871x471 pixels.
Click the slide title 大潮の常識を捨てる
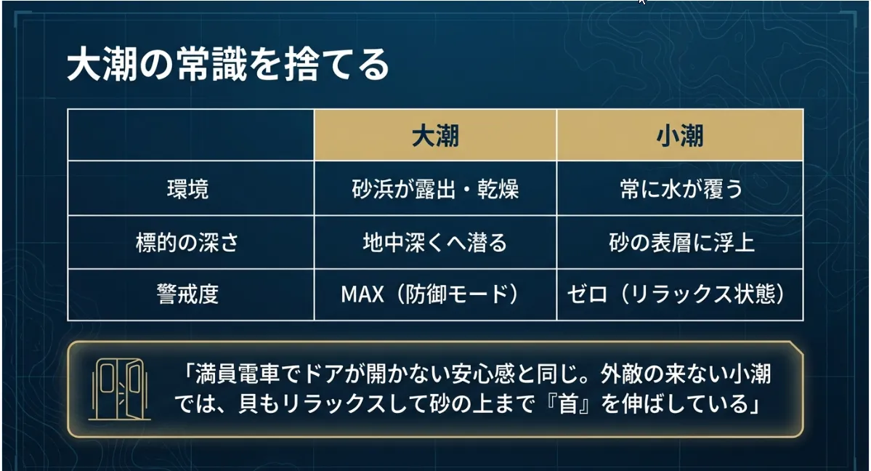click(228, 65)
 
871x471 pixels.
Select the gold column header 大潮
click(435, 135)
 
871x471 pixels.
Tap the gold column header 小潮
click(680, 135)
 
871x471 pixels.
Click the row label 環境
click(187, 189)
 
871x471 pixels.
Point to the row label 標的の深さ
click(187, 243)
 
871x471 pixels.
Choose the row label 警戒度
click(187, 294)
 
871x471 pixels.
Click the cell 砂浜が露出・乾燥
click(435, 189)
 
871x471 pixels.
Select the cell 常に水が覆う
click(681, 189)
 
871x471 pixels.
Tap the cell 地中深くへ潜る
click(435, 243)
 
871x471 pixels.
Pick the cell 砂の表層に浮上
click(681, 243)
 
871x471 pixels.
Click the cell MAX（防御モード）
click(431, 294)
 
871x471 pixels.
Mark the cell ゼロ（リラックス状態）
click(676, 294)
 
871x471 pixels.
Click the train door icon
click(119, 390)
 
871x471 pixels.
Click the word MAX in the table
click(362, 294)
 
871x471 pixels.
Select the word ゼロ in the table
click(587, 294)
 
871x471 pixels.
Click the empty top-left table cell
click(190, 135)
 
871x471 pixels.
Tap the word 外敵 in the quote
click(621, 374)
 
